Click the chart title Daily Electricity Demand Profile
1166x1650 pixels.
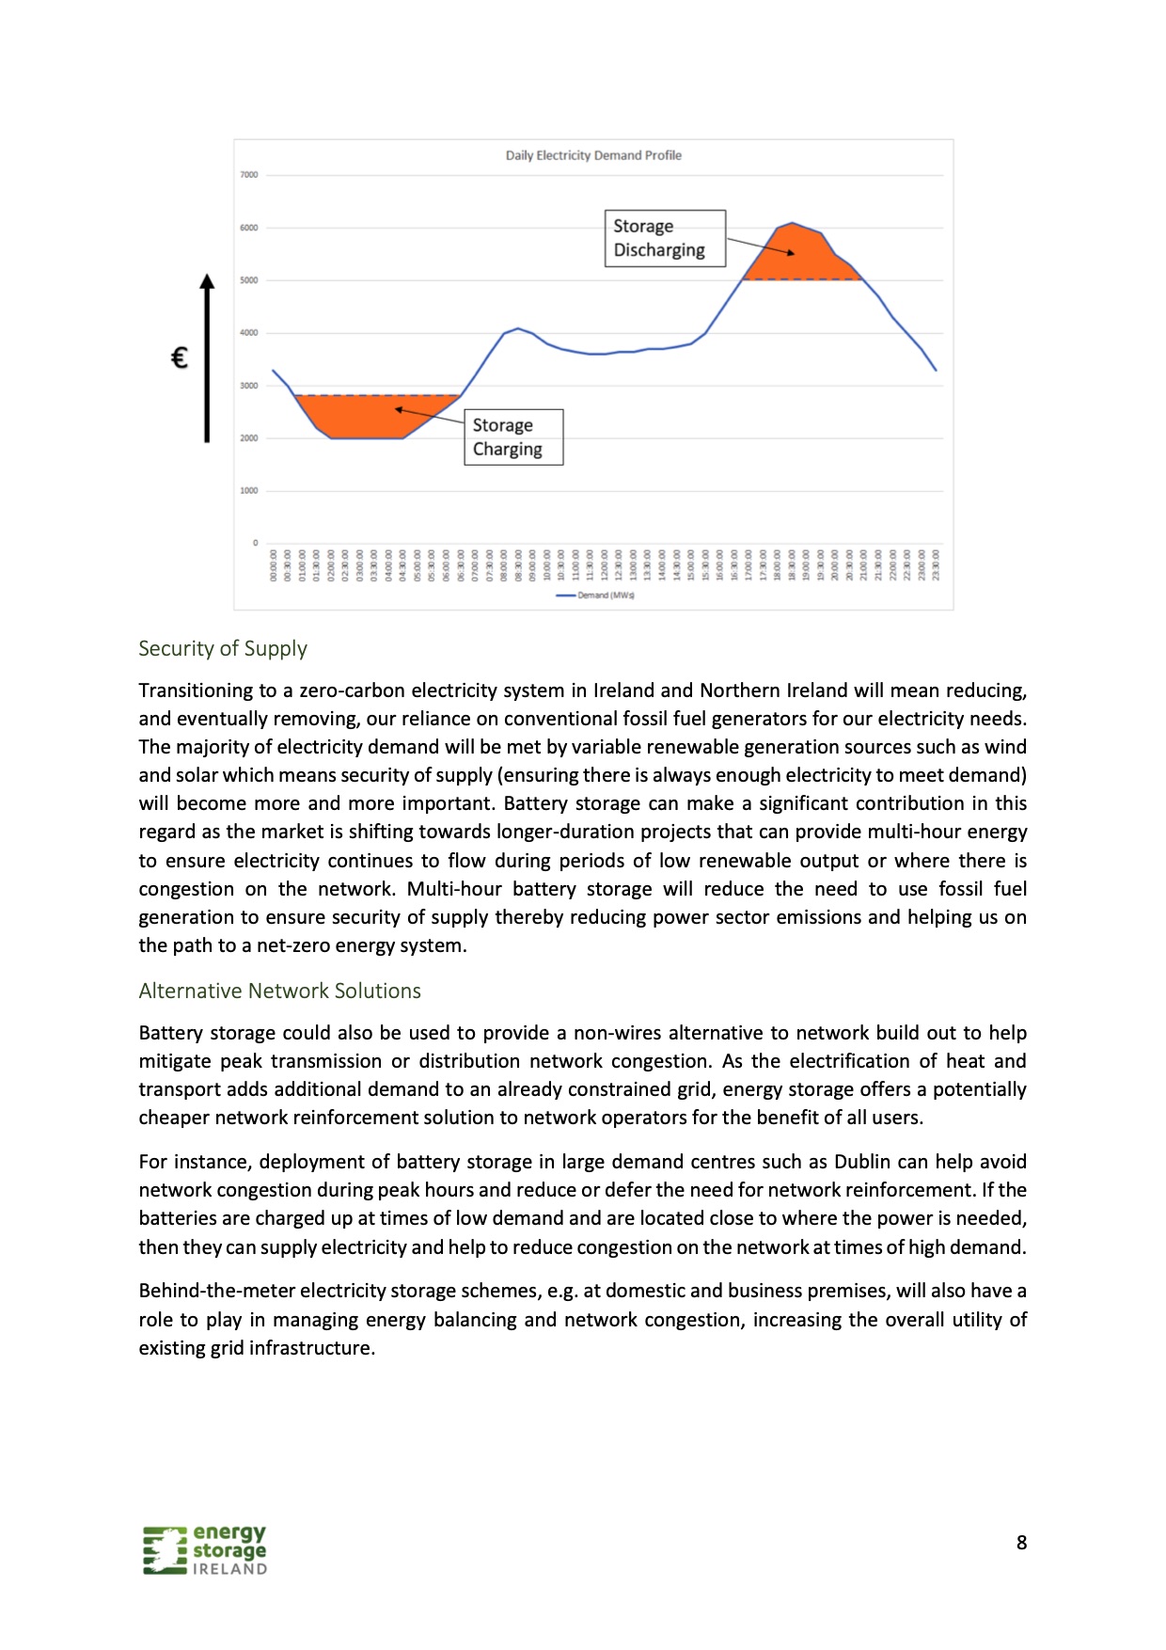(593, 155)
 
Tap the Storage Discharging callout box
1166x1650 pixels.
(664, 238)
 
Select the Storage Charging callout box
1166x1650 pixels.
(512, 436)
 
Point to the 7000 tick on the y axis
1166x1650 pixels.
(248, 175)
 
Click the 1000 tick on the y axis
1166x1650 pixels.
(248, 491)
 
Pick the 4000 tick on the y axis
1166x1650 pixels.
(248, 333)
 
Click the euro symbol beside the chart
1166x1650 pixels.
(180, 357)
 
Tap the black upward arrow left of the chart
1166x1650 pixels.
(207, 357)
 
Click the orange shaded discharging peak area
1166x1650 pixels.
(799, 259)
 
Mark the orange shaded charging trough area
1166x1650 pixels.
(367, 419)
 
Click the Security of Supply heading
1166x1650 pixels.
(223, 648)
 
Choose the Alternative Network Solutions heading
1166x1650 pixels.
(279, 991)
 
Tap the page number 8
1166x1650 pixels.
(1021, 1543)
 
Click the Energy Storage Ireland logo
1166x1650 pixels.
(205, 1549)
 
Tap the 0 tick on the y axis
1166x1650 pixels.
(255, 543)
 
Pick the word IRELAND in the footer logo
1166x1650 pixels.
(229, 1569)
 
